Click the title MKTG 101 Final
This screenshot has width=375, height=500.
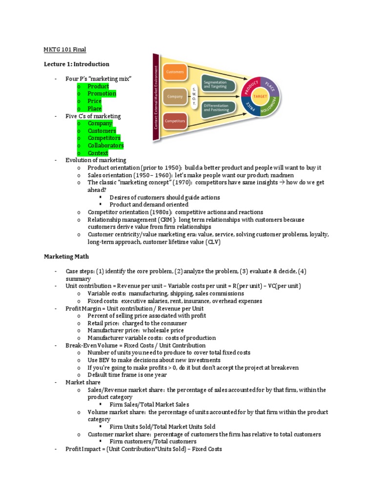[x=65, y=49]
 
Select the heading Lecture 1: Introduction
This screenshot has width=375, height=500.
[x=77, y=64]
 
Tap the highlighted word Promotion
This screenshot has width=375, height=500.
[x=102, y=94]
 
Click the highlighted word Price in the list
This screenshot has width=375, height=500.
[x=95, y=101]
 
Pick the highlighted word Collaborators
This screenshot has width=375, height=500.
[x=105, y=146]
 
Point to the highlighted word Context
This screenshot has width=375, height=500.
[x=98, y=153]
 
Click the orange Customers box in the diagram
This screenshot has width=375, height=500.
[x=174, y=72]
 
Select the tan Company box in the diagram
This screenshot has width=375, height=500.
[x=174, y=97]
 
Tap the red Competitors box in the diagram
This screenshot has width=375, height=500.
[x=174, y=121]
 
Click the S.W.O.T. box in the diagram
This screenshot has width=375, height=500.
[x=194, y=97]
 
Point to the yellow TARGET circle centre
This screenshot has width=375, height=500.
[x=261, y=97]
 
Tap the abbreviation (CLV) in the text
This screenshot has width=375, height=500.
[x=213, y=242]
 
